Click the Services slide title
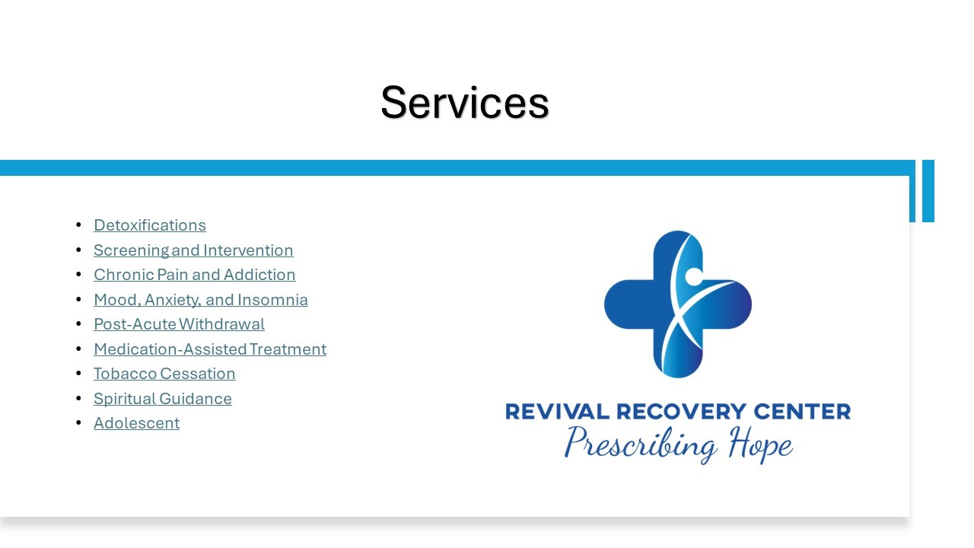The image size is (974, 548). tap(464, 103)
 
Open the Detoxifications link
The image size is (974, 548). tap(150, 225)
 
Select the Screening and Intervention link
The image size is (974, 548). tap(193, 250)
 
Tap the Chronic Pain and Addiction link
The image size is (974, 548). tap(195, 275)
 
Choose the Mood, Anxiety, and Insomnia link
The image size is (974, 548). tap(201, 300)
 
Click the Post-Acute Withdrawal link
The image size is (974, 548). tap(179, 324)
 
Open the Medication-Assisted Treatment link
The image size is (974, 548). tap(210, 349)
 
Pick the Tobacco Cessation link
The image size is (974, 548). tap(165, 374)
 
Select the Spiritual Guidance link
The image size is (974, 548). tap(163, 399)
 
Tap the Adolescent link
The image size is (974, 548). tap(136, 423)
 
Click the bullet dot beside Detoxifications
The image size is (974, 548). tap(78, 225)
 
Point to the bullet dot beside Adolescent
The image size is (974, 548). tap(78, 422)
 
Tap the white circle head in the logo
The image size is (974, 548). tap(694, 276)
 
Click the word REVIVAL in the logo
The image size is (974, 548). tap(557, 412)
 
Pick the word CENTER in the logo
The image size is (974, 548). tap(802, 412)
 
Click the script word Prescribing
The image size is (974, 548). tap(641, 444)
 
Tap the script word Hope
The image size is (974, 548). tap(761, 444)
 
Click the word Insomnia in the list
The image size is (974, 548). tap(272, 300)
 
